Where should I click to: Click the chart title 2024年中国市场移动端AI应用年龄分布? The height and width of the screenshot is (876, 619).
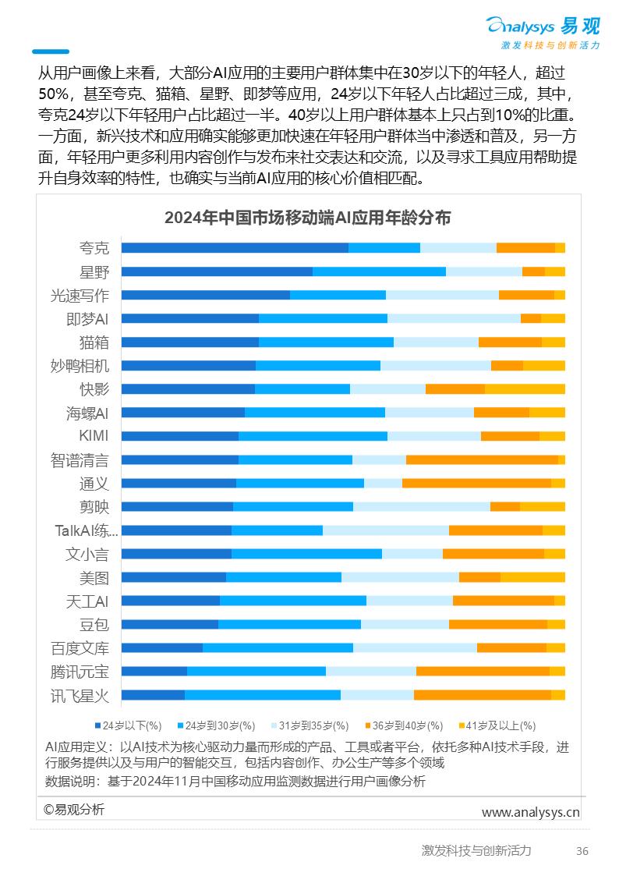click(x=307, y=218)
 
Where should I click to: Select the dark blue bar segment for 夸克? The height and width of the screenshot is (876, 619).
click(x=234, y=248)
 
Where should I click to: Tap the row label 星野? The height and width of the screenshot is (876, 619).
click(x=94, y=272)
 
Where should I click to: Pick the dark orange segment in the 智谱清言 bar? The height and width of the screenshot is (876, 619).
click(x=481, y=460)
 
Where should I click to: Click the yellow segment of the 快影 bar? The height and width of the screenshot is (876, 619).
click(x=524, y=389)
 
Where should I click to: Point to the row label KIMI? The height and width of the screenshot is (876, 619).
click(x=94, y=436)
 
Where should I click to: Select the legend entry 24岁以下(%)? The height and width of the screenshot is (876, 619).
click(x=129, y=725)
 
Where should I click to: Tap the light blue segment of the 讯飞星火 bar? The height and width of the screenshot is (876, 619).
click(x=262, y=695)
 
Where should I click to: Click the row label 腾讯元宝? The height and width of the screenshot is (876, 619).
click(x=80, y=672)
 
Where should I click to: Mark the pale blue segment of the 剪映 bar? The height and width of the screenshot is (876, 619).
click(x=421, y=507)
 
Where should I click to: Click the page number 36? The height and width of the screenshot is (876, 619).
click(x=582, y=851)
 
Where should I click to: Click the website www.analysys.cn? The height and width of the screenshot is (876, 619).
click(x=530, y=812)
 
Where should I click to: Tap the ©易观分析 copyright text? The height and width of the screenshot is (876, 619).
click(x=73, y=809)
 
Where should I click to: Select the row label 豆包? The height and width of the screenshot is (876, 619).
click(x=94, y=625)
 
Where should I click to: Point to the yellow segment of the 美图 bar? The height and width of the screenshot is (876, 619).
click(x=532, y=577)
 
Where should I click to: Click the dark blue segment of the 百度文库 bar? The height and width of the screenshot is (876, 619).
click(x=161, y=647)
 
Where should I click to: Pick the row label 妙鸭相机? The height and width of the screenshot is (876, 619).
click(x=80, y=366)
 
